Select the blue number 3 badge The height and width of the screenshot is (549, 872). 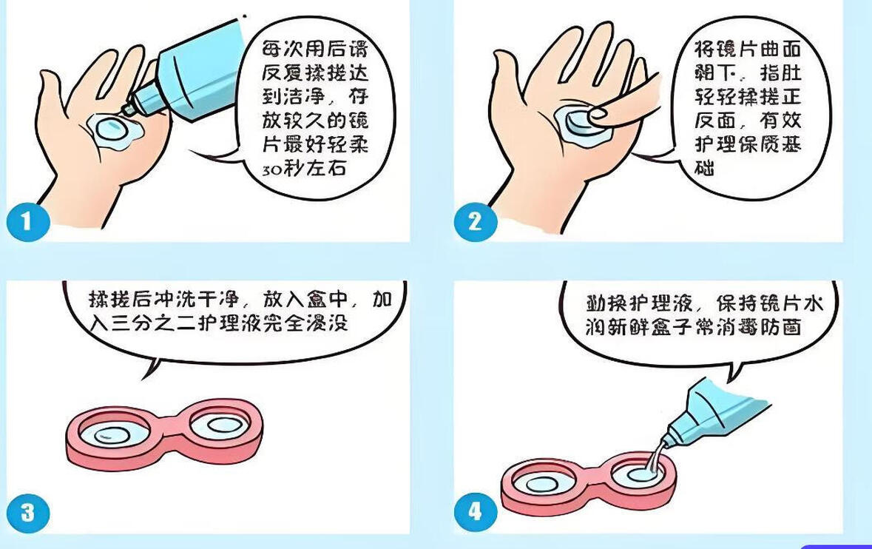point(28,513)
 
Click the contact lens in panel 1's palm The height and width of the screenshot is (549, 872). point(113,129)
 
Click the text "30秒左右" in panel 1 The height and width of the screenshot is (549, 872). point(305,168)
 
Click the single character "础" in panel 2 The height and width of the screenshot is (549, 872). point(705,167)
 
